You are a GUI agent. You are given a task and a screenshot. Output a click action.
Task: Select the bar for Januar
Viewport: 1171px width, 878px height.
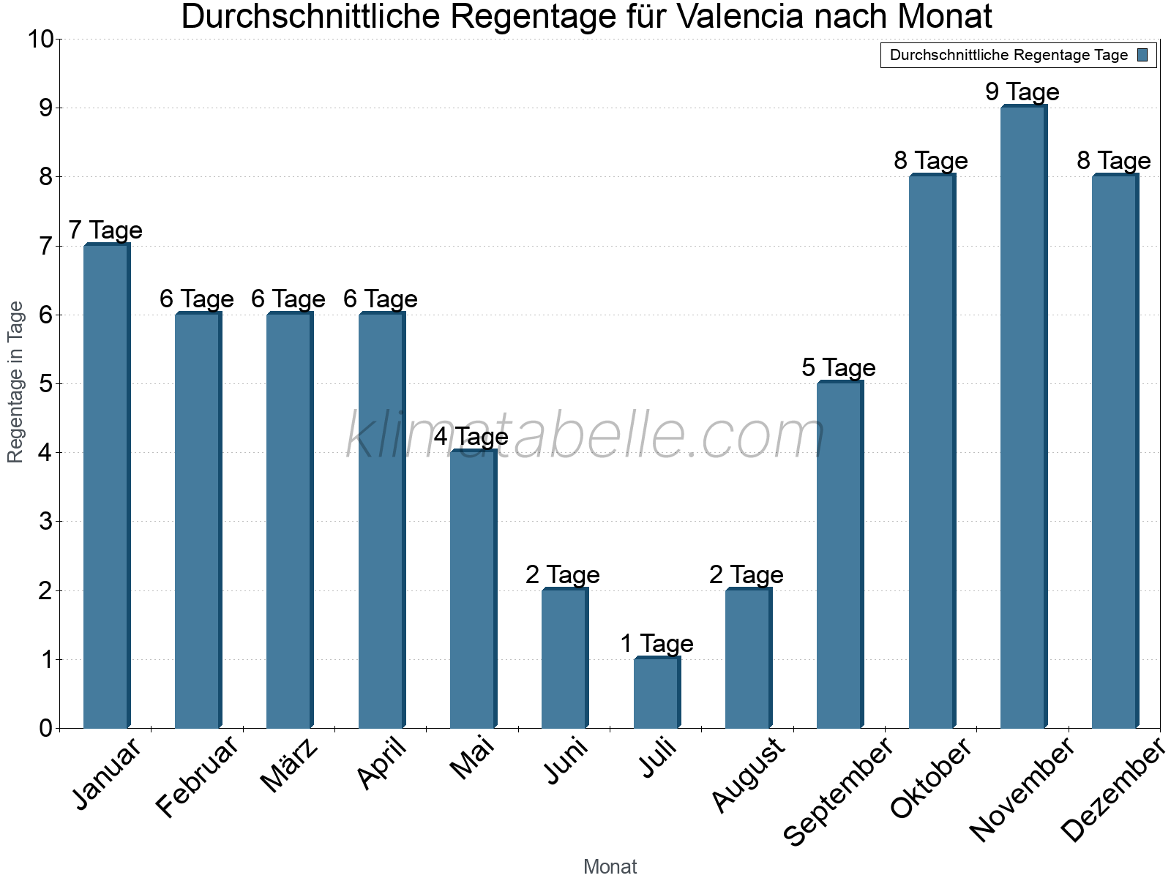[106, 486]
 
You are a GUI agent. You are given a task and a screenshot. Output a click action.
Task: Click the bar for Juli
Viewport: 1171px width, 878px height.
[656, 693]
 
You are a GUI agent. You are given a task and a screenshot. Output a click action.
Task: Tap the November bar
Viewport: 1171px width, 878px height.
[1023, 417]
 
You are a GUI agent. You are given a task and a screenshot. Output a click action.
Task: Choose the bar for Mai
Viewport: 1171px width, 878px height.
[473, 589]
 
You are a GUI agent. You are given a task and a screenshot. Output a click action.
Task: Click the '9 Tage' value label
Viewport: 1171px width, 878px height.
[1022, 92]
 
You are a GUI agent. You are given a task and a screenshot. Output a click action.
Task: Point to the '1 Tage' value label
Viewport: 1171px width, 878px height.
[656, 644]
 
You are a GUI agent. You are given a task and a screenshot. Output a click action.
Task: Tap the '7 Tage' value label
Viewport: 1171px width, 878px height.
[105, 230]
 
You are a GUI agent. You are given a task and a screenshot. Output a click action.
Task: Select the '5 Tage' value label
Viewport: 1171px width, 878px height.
[839, 368]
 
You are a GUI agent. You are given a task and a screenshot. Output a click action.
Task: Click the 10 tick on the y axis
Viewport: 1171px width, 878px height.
[40, 39]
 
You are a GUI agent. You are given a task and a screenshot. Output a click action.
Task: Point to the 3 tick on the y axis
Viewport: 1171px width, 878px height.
[46, 522]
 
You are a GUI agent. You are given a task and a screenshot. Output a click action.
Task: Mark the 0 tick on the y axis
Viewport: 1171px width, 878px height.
[46, 728]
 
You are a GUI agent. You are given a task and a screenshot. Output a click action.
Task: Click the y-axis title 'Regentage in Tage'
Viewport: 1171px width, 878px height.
[15, 382]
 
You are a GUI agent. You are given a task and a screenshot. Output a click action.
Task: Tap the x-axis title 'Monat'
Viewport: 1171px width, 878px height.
[610, 867]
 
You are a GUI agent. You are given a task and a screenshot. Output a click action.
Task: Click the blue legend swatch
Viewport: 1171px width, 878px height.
[1142, 55]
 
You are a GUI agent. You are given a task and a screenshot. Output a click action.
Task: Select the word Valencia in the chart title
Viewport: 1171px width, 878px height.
[739, 17]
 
